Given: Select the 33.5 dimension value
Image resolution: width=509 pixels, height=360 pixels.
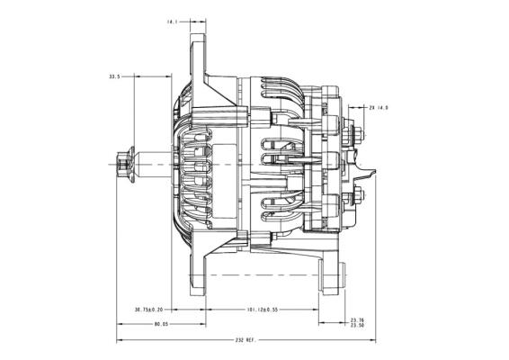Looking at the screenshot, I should (x=114, y=77).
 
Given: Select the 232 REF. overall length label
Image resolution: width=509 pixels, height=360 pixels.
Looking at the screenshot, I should (x=246, y=341).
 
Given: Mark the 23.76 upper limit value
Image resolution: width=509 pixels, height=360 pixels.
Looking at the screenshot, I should (x=357, y=319).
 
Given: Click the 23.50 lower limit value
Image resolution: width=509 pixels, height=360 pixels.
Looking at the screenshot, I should (x=357, y=326).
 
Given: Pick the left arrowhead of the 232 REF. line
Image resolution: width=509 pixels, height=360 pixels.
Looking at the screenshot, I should (x=119, y=341).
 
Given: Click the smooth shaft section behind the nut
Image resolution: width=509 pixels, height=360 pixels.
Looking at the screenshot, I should (x=153, y=164).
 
